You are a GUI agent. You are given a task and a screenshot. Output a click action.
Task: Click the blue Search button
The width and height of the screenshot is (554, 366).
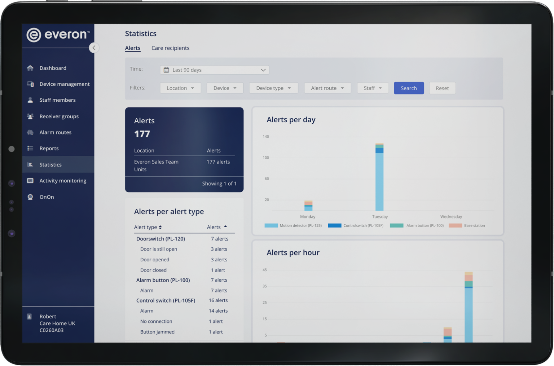point(409,88)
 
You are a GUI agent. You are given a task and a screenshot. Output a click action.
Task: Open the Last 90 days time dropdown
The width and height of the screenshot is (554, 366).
point(214,70)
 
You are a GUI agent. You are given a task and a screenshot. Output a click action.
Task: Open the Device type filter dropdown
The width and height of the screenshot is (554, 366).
point(273,88)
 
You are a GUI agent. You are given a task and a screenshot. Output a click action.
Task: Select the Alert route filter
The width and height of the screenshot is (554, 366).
point(327,88)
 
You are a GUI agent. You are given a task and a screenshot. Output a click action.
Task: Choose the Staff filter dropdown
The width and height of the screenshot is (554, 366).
point(373,88)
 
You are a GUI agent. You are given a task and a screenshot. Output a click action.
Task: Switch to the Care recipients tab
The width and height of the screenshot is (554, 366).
point(170,48)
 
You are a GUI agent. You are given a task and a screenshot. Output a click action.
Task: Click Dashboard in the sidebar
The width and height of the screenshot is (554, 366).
point(53,68)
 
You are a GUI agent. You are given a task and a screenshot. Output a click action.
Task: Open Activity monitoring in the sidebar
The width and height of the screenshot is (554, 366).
point(63,181)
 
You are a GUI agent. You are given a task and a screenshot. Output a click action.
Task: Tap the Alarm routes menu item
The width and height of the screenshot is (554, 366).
point(55,132)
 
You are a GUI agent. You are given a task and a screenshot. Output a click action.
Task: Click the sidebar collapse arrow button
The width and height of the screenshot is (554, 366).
point(94,48)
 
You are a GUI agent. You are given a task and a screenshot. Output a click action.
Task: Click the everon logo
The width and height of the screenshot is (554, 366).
point(58,35)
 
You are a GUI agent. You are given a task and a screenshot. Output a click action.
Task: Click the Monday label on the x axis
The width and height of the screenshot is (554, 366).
point(308,217)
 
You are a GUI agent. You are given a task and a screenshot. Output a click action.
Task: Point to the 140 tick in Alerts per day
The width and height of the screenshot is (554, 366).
point(266,137)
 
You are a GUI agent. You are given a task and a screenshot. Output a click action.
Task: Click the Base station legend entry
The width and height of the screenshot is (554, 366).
point(474,226)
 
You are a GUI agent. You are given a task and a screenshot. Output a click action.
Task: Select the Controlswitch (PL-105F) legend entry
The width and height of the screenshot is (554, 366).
point(363,226)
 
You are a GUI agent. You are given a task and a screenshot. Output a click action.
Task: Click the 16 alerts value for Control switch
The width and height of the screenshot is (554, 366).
point(218,300)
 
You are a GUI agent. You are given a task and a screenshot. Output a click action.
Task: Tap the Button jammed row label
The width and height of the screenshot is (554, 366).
point(157,332)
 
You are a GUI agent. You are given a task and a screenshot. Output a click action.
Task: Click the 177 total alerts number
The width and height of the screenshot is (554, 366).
point(142,134)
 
